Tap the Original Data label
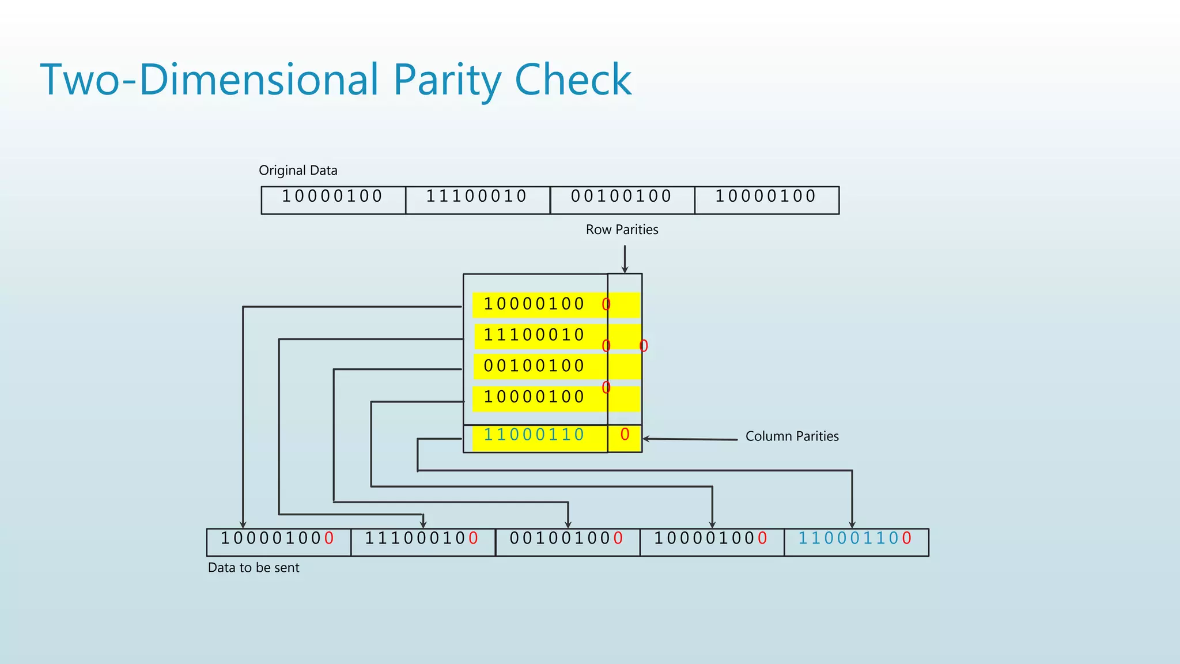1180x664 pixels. (298, 171)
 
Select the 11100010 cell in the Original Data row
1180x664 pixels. (477, 197)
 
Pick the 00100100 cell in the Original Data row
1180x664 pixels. (622, 197)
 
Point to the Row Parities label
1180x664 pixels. (622, 229)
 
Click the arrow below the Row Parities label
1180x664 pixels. (625, 259)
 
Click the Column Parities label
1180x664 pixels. (792, 436)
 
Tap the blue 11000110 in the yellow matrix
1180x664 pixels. (534, 435)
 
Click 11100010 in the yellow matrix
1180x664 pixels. (534, 335)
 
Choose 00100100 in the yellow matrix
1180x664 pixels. (534, 366)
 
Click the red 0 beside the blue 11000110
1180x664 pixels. (625, 435)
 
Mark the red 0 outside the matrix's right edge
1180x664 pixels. (644, 346)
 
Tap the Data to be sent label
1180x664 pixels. (254, 568)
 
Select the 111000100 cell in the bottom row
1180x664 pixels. (422, 539)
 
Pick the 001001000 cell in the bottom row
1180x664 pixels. (567, 539)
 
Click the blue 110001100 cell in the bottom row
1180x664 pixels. (855, 539)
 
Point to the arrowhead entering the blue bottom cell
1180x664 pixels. (852, 524)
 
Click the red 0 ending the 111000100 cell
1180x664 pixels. (473, 539)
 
